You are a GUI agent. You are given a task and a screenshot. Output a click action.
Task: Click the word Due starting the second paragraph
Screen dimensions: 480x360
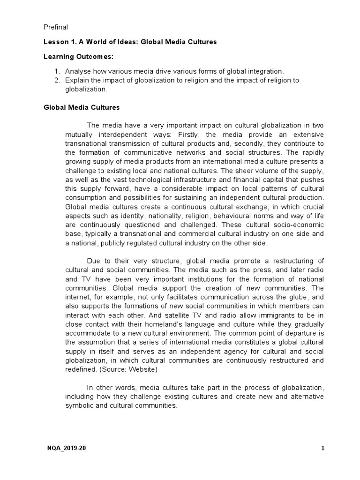tap(94, 260)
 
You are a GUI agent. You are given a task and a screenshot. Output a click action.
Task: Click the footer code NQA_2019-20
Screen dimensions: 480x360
tap(67, 448)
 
